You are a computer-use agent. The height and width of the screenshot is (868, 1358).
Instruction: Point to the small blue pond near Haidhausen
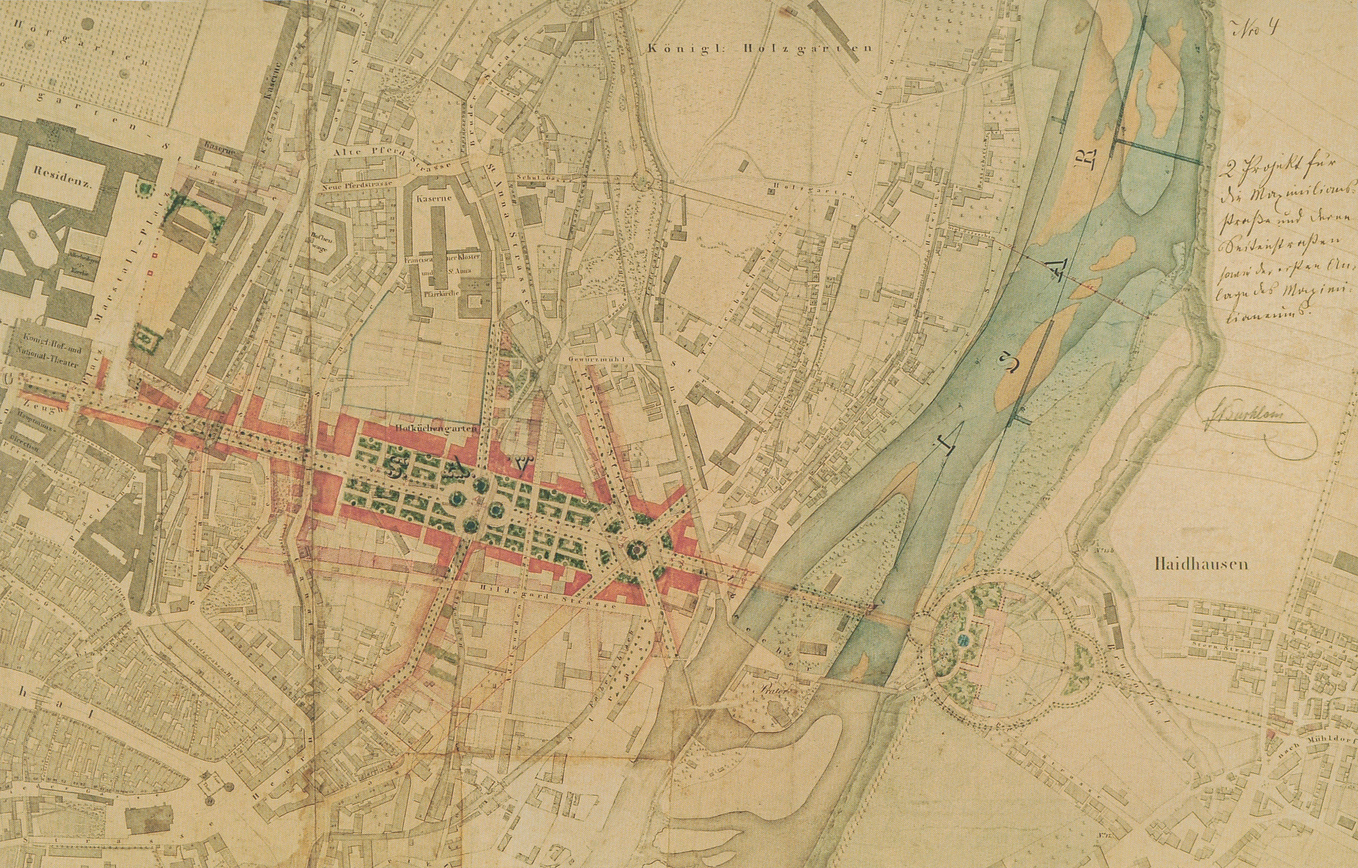pos(963,640)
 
